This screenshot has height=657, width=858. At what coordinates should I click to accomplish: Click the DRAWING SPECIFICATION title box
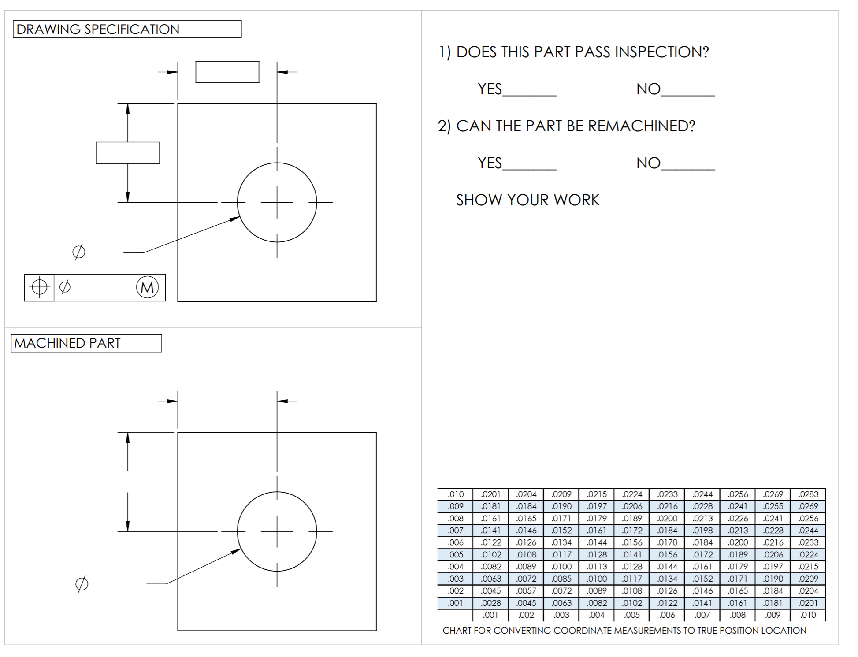click(x=127, y=29)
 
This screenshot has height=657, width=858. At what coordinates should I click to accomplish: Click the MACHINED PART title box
click(x=86, y=343)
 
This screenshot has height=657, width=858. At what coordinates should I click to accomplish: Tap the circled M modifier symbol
click(x=147, y=287)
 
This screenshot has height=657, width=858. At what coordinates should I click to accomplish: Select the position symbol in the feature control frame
click(x=39, y=287)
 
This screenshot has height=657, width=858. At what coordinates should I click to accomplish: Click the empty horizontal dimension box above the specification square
click(x=227, y=72)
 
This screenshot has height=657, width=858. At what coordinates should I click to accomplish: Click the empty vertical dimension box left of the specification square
click(x=127, y=153)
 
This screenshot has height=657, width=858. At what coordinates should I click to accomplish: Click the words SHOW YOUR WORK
click(x=527, y=200)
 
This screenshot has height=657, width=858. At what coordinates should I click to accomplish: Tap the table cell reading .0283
click(x=808, y=494)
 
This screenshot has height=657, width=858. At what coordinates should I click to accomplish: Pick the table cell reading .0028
click(x=490, y=603)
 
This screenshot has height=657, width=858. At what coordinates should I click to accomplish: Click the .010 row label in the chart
click(x=456, y=494)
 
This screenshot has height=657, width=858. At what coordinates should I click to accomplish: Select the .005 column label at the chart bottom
click(x=631, y=615)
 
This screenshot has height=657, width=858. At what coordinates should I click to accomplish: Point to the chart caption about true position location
click(x=624, y=631)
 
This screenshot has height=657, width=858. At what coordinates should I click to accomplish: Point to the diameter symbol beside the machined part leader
click(x=82, y=584)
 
